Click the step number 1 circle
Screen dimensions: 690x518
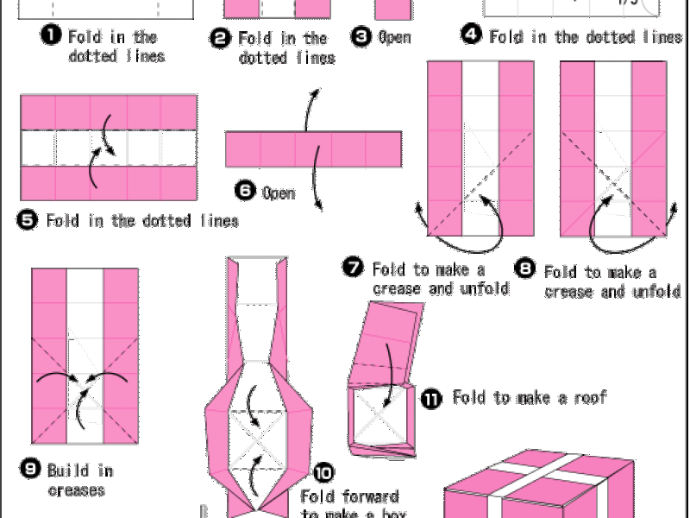tap(51, 35)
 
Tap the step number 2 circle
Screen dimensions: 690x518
tap(221, 37)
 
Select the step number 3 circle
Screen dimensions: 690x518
tap(361, 36)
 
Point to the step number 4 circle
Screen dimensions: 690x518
tap(471, 35)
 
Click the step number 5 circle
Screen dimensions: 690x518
tap(28, 219)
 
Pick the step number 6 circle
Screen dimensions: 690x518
tap(245, 191)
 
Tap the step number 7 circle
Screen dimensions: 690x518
tap(354, 268)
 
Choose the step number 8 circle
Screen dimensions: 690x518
tap(525, 268)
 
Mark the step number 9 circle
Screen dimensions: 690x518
tap(30, 469)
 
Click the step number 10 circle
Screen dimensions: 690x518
tap(323, 472)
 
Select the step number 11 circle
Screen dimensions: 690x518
tap(432, 399)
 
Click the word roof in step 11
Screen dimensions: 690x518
tap(591, 398)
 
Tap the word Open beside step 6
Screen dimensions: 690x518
tap(279, 193)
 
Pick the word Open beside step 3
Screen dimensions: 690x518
tap(395, 37)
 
